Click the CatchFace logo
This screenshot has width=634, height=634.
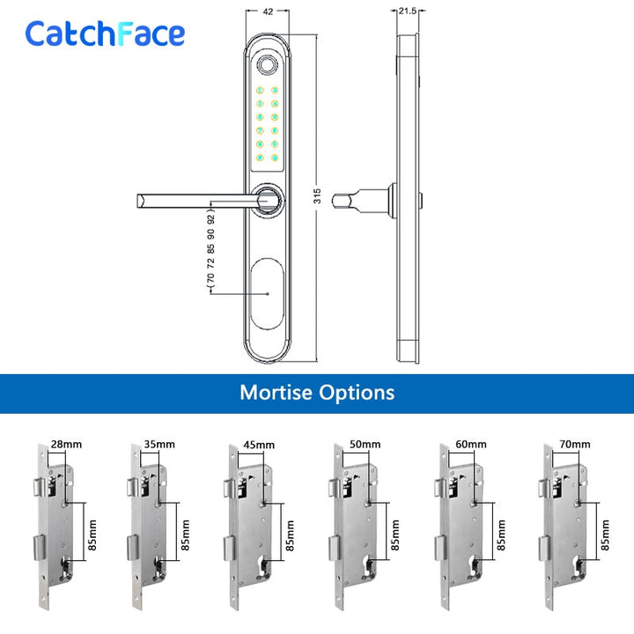tap(105, 33)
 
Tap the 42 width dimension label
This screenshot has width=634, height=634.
tap(268, 11)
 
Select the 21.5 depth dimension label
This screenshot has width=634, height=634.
tap(407, 11)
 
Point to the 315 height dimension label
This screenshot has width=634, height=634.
tap(317, 195)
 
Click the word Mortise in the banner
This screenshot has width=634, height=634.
tap(276, 392)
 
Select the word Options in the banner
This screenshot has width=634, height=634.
tap(357, 393)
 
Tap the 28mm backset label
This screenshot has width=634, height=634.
tap(66, 445)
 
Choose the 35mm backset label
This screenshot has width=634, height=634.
tap(159, 445)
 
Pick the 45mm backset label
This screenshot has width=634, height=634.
tap(259, 445)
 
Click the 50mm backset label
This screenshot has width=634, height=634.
tap(365, 445)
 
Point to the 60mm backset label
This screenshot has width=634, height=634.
tap(471, 445)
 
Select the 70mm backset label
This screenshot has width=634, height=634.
tap(575, 445)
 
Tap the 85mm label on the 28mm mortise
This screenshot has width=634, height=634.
tap(92, 535)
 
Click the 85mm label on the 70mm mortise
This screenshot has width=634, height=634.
tap(605, 535)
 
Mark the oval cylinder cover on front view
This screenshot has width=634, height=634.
tap(267, 293)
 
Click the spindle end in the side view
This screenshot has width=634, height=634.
tap(337, 200)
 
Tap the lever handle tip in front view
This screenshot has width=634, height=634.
tap(140, 201)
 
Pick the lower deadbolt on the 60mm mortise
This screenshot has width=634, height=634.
tap(441, 548)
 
